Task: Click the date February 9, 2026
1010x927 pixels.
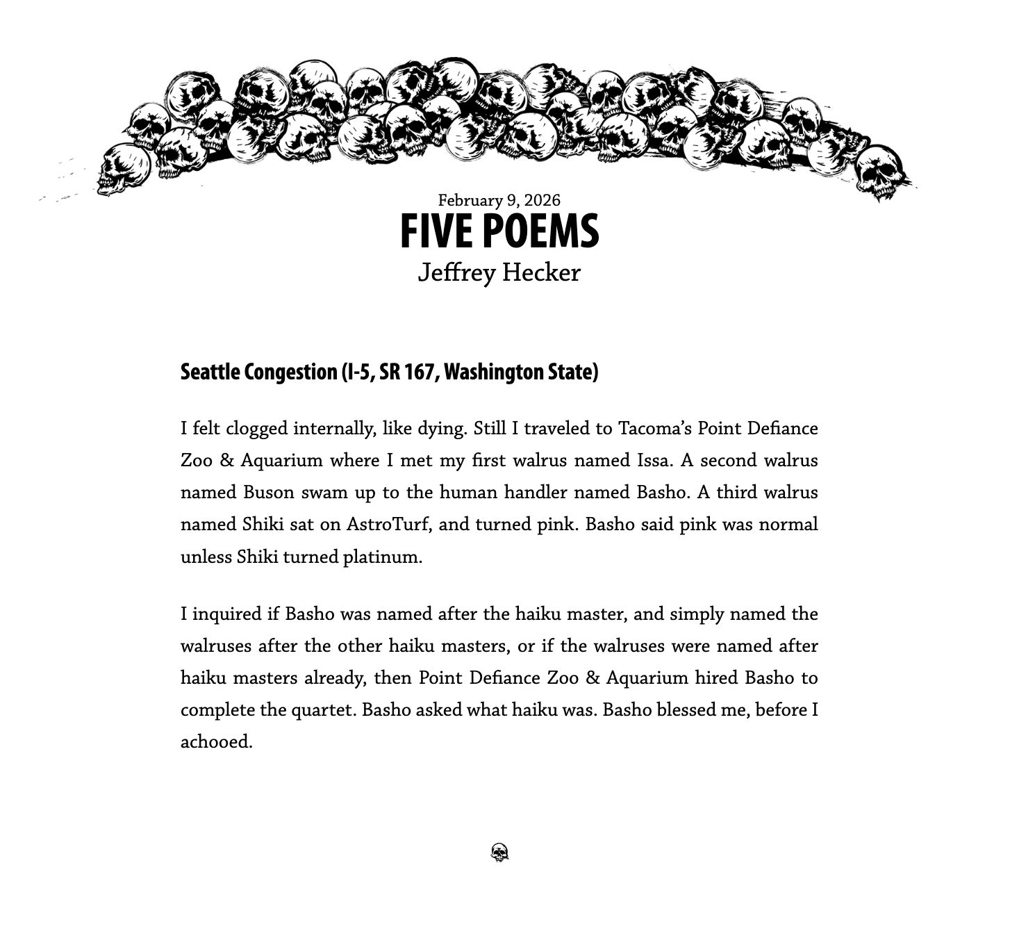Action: tap(499, 200)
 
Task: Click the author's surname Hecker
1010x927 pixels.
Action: tap(541, 272)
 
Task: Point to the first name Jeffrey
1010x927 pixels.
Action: tap(456, 272)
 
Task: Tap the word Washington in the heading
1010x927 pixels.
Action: tap(494, 372)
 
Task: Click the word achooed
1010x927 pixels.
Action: tap(215, 742)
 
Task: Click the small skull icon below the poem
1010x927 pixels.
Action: tap(499, 853)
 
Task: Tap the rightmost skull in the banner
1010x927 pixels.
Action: tap(881, 171)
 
